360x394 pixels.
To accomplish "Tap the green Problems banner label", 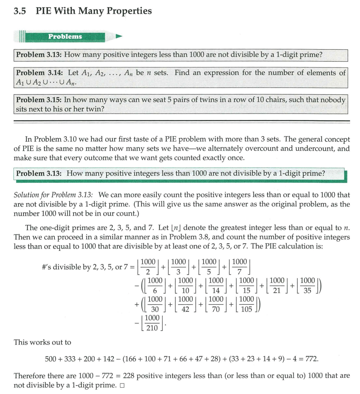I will click(x=65, y=37).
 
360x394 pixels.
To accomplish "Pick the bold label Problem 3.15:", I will click(x=39, y=100).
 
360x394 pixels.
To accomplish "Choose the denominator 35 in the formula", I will click(x=307, y=291).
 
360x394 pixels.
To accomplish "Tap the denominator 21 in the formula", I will click(x=276, y=291).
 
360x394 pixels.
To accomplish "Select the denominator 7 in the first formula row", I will click(x=239, y=271).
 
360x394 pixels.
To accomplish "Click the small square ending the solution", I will click(x=122, y=385).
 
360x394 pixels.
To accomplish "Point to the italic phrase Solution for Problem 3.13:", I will click(x=54, y=195).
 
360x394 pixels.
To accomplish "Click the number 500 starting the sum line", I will click(x=51, y=359).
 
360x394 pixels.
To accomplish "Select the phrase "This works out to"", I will click(x=42, y=342).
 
